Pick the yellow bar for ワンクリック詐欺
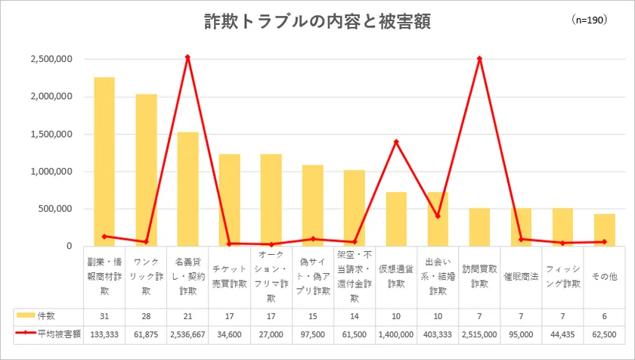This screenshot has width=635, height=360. click(x=146, y=170)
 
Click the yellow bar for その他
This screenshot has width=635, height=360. click(x=604, y=230)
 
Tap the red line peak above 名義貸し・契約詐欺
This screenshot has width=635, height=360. click(x=187, y=57)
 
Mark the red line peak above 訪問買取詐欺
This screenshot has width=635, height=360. click(x=479, y=58)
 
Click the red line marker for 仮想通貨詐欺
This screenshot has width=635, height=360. click(x=396, y=141)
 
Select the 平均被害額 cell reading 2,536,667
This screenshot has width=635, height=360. click(x=187, y=332)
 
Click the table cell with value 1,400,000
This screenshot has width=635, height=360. click(x=396, y=332)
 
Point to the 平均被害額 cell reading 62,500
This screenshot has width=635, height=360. click(x=604, y=332)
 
